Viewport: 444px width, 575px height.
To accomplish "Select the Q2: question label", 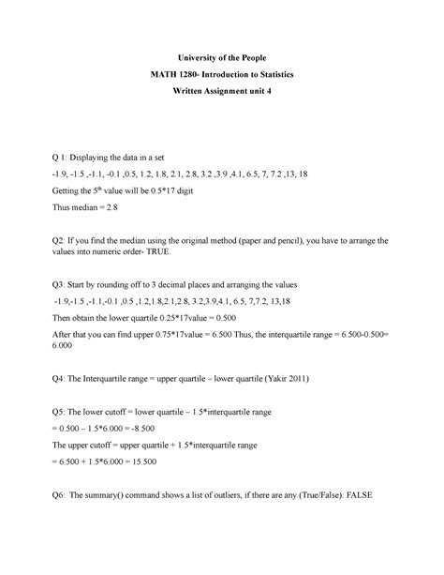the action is pos(64,241).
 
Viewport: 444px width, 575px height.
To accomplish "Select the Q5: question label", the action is pos(64,414).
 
